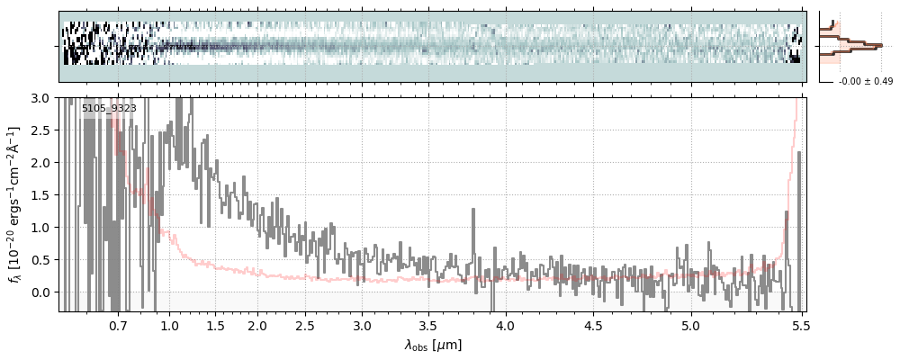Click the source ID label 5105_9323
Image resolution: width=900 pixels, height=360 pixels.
[x=109, y=109]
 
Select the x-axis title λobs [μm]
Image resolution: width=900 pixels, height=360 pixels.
[x=433, y=344]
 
